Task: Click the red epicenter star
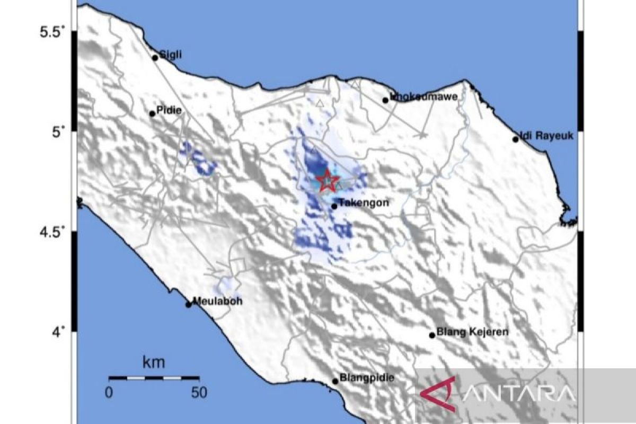click(x=328, y=181)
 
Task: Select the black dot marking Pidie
click(x=153, y=113)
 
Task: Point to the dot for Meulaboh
click(x=188, y=304)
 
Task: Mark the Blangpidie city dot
click(x=335, y=381)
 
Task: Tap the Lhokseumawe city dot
click(x=385, y=100)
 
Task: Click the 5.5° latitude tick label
click(x=52, y=32)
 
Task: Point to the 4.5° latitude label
click(x=52, y=232)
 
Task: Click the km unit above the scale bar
click(x=154, y=363)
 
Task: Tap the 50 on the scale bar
click(x=199, y=393)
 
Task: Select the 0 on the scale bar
click(x=109, y=393)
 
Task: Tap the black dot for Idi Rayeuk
click(x=515, y=139)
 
